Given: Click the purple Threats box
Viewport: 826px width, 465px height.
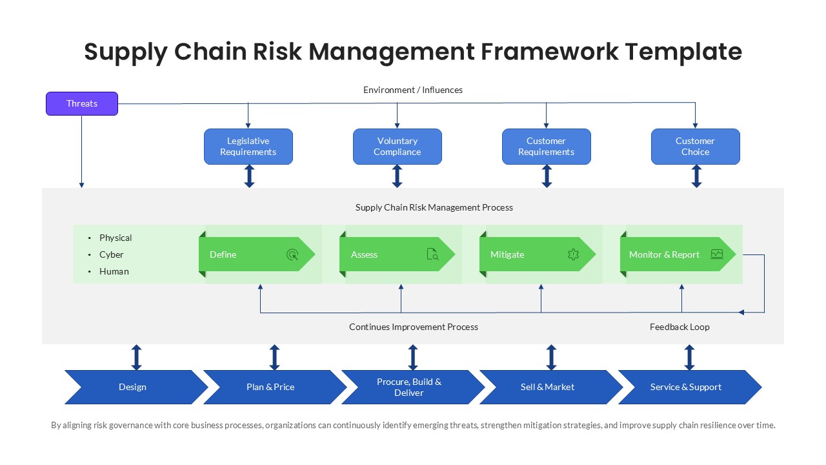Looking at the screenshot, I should point(82,103).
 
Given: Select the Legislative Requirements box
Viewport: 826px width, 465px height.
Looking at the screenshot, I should point(248,147).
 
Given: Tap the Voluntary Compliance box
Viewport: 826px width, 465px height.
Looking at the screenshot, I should point(397,147).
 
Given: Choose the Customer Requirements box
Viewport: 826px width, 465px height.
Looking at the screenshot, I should point(546,147).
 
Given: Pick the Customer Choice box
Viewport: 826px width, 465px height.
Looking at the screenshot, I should point(695,147).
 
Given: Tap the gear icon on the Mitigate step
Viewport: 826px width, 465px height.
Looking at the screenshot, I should point(573,254).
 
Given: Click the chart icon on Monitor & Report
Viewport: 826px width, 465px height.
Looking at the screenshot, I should point(717,254).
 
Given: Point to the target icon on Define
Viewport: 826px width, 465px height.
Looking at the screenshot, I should point(292,254).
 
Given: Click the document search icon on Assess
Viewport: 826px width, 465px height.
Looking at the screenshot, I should point(432,254).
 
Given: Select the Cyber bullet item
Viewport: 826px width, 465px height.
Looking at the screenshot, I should point(111,254).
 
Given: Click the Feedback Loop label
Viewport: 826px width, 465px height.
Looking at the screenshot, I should point(679,327).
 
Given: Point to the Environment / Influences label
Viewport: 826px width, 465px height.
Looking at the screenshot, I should point(413,90).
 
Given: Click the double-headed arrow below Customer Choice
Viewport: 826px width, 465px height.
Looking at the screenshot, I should point(696,176).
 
